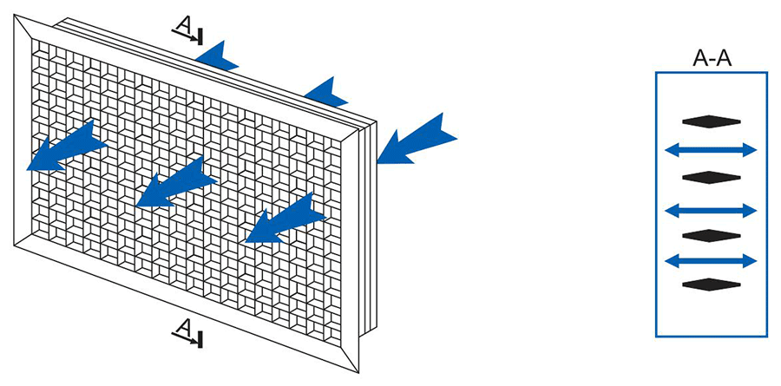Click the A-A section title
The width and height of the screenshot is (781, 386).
click(712, 59)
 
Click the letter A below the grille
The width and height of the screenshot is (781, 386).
click(184, 328)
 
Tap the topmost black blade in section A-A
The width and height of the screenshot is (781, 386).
click(712, 121)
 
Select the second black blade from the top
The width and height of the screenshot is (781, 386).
click(712, 177)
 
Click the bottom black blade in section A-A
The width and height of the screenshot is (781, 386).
click(712, 285)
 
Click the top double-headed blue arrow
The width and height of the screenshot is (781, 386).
click(711, 149)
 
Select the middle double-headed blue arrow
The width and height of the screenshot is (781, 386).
click(711, 211)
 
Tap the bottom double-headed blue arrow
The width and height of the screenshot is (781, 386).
click(711, 260)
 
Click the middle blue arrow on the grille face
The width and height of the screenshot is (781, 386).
click(175, 183)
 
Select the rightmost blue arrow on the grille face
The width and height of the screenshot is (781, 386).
click(285, 219)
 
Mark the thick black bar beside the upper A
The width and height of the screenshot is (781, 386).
click(200, 36)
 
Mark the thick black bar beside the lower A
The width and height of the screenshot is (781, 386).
click(200, 339)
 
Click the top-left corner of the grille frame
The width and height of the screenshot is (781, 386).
click(14, 15)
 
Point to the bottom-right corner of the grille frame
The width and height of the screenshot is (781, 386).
click(358, 372)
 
